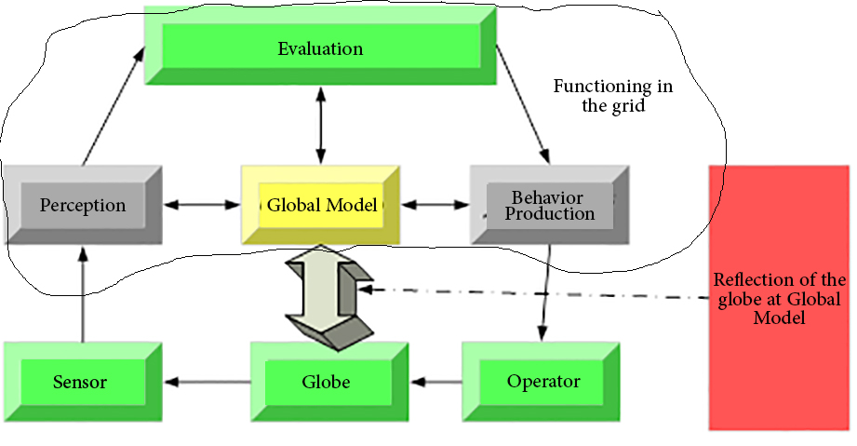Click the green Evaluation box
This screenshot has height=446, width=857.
tap(320, 48)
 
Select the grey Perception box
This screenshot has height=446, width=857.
tap(82, 205)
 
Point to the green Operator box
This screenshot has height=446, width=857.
tap(543, 381)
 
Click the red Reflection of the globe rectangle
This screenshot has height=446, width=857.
tap(779, 296)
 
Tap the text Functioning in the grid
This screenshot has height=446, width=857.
tap(613, 96)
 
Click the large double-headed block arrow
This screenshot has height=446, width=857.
tap(327, 296)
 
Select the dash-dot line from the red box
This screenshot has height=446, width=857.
tap(540, 294)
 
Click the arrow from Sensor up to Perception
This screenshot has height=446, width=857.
tap(83, 294)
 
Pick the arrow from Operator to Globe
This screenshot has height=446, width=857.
tap(435, 381)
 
